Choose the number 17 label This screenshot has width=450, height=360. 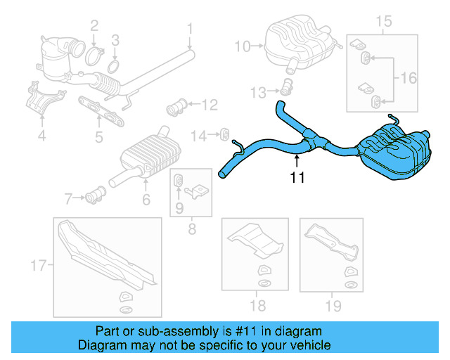39,265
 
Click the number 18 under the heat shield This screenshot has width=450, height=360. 258,305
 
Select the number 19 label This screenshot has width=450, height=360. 333,305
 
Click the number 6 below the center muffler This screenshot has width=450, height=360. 146,200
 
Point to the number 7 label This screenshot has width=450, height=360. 68,199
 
